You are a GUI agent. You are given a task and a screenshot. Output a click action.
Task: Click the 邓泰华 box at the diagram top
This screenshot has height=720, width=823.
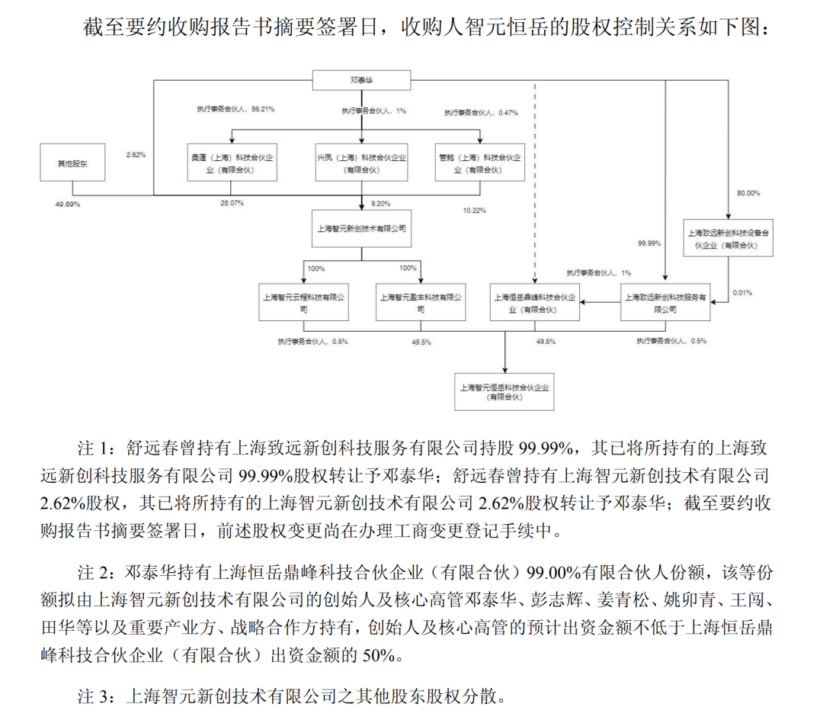pos(362,80)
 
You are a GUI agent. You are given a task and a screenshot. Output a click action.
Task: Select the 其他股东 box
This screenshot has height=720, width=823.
pos(72,162)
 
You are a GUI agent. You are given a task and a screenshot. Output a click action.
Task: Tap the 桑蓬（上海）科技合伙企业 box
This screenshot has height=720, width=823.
pos(232,162)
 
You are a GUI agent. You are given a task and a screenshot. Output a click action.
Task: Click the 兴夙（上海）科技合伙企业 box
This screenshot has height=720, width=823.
pos(361,162)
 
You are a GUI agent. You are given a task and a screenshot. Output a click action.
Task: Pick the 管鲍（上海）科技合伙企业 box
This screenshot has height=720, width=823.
pos(480,162)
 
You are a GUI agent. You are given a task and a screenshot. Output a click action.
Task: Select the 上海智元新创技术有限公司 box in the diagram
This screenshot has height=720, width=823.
pos(361,228)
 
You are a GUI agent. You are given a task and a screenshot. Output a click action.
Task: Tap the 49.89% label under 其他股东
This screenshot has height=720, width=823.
pos(68,204)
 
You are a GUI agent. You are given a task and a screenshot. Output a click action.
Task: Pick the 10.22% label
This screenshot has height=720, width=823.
pos(474,211)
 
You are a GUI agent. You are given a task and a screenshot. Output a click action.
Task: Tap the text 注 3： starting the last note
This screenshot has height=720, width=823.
pos(96,696)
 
